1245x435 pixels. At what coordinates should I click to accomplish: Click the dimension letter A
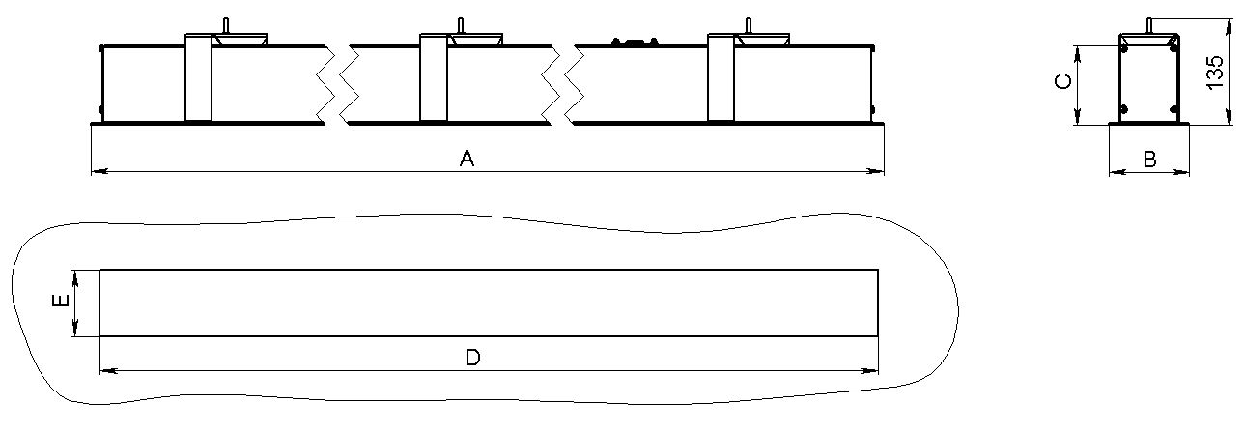click(x=467, y=159)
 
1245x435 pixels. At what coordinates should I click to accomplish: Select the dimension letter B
click(x=1149, y=159)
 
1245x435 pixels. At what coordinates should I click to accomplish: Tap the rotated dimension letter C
click(x=1062, y=82)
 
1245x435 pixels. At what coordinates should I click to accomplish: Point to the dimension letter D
click(x=472, y=357)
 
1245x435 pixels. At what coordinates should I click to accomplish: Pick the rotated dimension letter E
click(x=60, y=300)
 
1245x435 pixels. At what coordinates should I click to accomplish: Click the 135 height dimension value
click(x=1215, y=72)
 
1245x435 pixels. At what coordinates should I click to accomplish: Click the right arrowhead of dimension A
click(x=875, y=172)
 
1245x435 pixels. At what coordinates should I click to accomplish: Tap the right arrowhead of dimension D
click(x=870, y=370)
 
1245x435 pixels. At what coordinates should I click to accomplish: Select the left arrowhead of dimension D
click(x=109, y=370)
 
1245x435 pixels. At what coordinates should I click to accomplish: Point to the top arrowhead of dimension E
click(x=75, y=278)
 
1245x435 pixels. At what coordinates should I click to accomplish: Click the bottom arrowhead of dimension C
click(x=1078, y=116)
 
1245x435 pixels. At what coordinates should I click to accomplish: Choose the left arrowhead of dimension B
click(x=1118, y=173)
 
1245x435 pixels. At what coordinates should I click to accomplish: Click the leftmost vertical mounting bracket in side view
click(x=198, y=77)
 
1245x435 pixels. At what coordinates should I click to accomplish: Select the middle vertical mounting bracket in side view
click(x=434, y=77)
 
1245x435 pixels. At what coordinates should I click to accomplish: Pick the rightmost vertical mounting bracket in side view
click(x=721, y=77)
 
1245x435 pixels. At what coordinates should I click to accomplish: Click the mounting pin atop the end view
click(x=1148, y=26)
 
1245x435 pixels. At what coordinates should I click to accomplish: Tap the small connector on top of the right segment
click(x=635, y=42)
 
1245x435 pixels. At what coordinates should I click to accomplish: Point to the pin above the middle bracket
click(x=460, y=26)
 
